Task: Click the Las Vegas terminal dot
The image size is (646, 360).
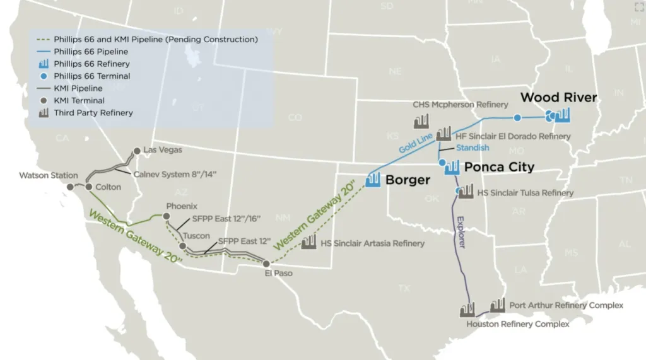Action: pos(136,151)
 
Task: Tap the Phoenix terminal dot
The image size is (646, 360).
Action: pos(166,216)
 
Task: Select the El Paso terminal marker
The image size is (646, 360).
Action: pos(266,264)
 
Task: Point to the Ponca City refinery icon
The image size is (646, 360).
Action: pos(452,168)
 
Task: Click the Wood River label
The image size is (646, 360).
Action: pos(558,98)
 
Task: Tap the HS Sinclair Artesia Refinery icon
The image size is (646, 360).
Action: pos(308,241)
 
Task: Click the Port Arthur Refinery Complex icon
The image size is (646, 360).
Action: pos(497,305)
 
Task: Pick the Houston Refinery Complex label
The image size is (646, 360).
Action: pos(517,324)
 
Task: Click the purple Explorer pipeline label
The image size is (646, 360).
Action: pos(460,231)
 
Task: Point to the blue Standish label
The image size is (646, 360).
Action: pos(473,148)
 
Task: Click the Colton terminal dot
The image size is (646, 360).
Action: pos(89,187)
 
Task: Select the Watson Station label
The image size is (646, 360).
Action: pos(49,175)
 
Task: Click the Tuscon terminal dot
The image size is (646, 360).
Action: pos(182,246)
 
